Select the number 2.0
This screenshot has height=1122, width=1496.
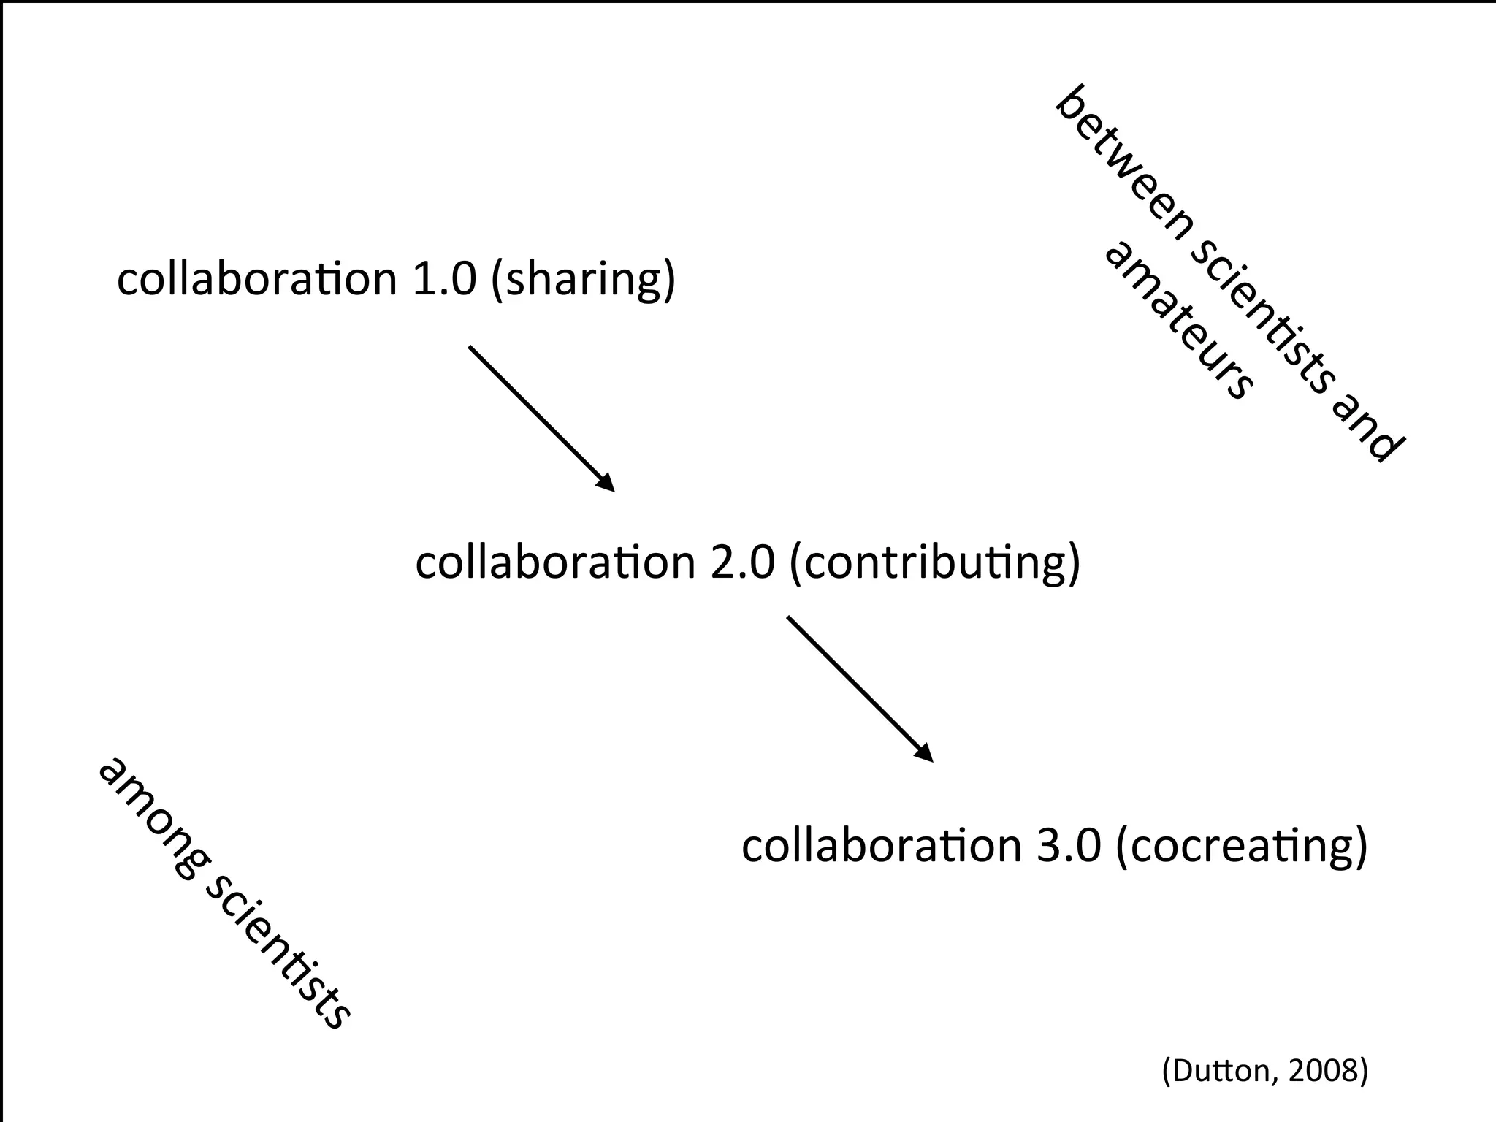742,562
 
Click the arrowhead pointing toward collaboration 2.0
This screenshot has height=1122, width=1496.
606,483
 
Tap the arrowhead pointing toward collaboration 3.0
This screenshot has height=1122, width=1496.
924,753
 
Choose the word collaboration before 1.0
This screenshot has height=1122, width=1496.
256,279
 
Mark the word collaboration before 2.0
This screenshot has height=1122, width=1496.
555,562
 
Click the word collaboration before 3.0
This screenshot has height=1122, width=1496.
881,846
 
